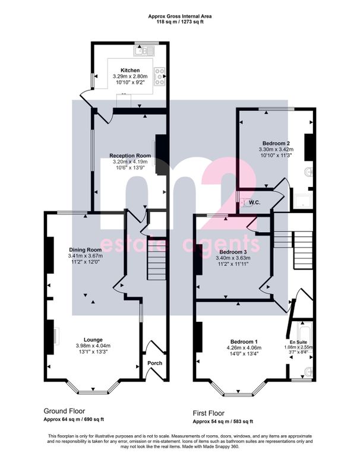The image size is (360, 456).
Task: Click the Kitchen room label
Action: point(130,70)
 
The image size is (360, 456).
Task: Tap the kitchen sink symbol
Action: point(144,51)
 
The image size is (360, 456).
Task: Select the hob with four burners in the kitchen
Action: point(159,76)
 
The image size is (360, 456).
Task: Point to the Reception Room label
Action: point(130,156)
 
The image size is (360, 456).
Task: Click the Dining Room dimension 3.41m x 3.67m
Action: point(86,256)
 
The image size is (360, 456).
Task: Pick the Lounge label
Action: point(93,340)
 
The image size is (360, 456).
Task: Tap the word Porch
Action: point(155,363)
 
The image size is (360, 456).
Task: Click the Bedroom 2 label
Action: point(276,143)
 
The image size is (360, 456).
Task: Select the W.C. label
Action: point(255,202)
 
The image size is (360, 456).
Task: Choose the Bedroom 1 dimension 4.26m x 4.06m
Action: point(244,348)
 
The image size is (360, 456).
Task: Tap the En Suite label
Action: point(298,342)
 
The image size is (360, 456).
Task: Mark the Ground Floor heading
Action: point(64,411)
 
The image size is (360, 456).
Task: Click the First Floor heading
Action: point(209,413)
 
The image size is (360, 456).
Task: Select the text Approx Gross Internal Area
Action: point(180,17)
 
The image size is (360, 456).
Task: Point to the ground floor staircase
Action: point(157,259)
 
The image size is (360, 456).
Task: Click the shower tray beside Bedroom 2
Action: point(302,201)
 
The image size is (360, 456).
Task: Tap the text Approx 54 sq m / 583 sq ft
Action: point(223,422)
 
